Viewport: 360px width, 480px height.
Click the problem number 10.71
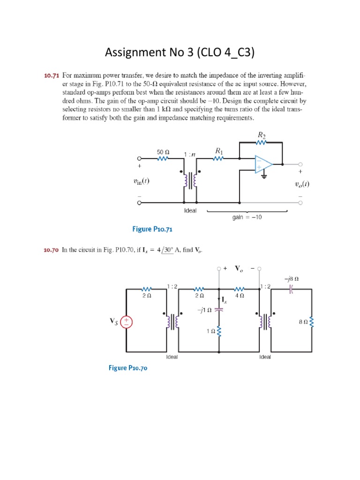pyautogui.click(x=52, y=75)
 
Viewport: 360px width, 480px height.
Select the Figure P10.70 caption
pyautogui.click(x=128, y=368)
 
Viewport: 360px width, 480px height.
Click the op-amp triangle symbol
pyautogui.click(x=263, y=165)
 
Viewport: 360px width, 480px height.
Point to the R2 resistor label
pyautogui.click(x=261, y=135)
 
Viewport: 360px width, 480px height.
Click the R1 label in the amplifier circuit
pyautogui.click(x=218, y=150)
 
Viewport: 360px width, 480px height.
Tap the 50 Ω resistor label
pyautogui.click(x=163, y=152)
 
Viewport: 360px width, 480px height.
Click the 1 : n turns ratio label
pyautogui.click(x=190, y=154)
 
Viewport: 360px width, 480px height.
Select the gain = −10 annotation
pyautogui.click(x=247, y=217)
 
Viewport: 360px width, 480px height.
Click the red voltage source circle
pyautogui.click(x=127, y=322)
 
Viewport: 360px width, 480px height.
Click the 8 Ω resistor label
pyautogui.click(x=303, y=322)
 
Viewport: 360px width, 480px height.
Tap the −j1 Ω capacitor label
pyautogui.click(x=205, y=310)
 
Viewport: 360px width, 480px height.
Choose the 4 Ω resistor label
pyautogui.click(x=239, y=296)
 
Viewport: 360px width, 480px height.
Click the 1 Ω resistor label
pyautogui.click(x=210, y=331)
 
